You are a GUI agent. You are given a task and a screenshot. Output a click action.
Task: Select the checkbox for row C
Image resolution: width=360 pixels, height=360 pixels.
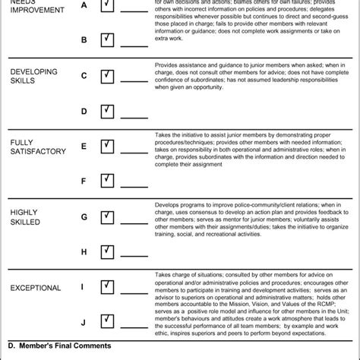point(107,75)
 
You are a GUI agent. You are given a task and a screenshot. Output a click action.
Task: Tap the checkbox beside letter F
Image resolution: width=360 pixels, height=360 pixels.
point(107,180)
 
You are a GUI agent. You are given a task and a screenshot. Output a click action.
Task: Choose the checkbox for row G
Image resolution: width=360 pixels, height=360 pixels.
point(107,216)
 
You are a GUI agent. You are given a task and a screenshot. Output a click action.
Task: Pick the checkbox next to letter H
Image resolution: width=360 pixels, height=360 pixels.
point(107,251)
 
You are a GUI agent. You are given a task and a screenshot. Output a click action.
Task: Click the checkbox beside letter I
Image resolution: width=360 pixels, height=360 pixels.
point(107,286)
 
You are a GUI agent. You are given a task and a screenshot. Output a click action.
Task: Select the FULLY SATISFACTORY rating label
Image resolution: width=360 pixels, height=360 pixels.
point(39,146)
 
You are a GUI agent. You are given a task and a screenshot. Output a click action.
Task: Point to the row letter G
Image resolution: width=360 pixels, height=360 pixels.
point(84,217)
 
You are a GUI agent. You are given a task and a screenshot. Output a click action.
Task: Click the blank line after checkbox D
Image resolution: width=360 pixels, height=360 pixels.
point(134,116)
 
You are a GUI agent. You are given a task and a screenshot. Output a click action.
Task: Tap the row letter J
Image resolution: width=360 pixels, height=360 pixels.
point(84,323)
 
